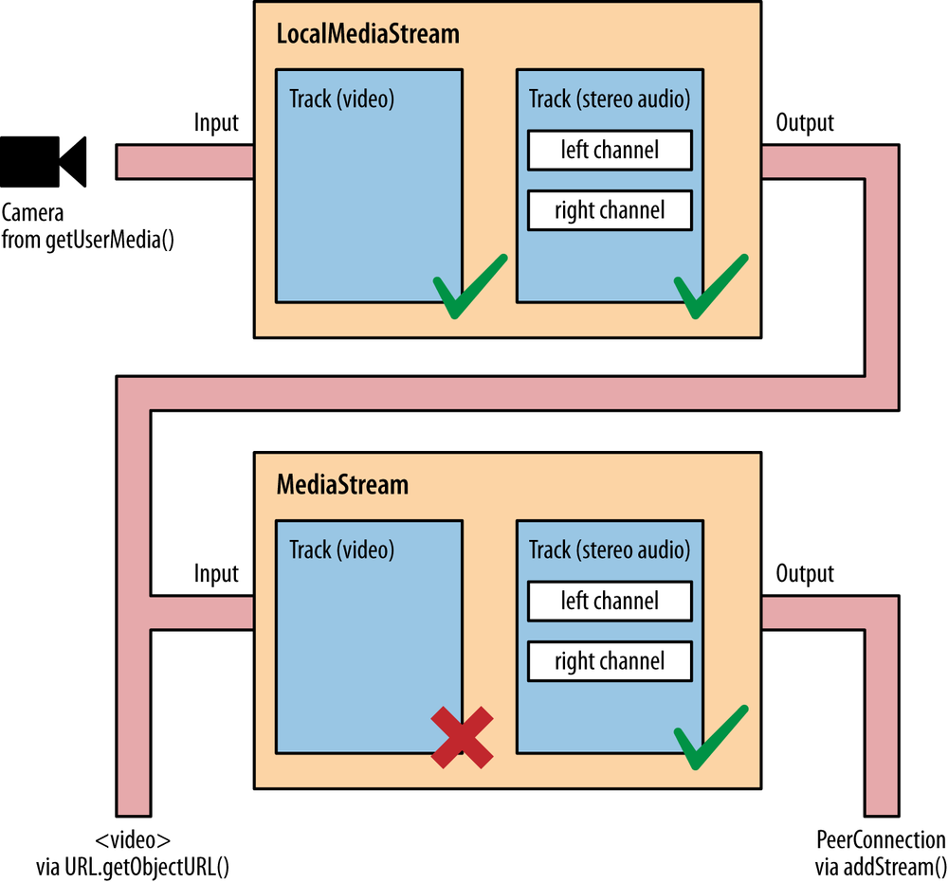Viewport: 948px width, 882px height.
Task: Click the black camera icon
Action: pos(44,161)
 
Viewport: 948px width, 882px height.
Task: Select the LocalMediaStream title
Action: pos(368,35)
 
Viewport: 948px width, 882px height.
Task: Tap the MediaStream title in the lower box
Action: pos(342,485)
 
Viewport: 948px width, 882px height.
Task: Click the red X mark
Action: pos(462,736)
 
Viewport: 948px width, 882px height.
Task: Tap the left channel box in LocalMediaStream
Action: pos(610,150)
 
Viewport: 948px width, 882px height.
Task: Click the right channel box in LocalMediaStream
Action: pos(610,209)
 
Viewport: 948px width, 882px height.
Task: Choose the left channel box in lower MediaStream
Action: pos(610,601)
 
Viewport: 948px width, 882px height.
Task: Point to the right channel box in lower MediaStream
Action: pos(610,660)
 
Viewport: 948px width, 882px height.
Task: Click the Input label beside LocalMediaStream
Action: pos(216,123)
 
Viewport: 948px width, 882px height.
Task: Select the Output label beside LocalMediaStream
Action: pos(805,123)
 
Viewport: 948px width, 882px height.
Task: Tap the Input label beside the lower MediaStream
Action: pos(216,574)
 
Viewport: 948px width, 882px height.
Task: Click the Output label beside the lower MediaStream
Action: pos(805,574)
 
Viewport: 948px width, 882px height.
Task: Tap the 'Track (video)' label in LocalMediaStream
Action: pos(341,99)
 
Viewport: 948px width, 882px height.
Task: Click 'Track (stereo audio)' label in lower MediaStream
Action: pos(610,549)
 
